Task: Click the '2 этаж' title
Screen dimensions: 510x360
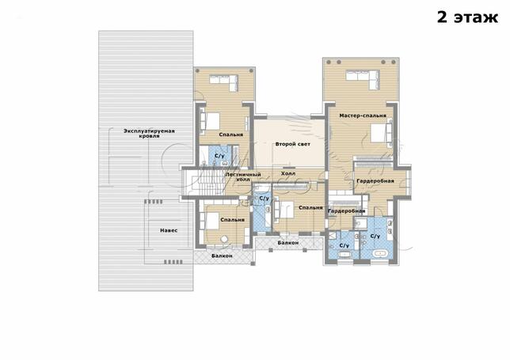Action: click(x=467, y=17)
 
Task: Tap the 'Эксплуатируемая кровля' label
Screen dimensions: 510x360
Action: click(x=149, y=133)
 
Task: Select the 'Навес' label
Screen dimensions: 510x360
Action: click(x=169, y=230)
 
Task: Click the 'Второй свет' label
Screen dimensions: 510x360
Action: click(x=293, y=144)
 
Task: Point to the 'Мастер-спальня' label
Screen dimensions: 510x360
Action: click(x=363, y=116)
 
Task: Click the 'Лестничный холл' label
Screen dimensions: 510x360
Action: click(x=243, y=176)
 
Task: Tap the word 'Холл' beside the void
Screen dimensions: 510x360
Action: click(x=288, y=173)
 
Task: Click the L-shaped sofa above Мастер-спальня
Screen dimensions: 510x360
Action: click(x=363, y=79)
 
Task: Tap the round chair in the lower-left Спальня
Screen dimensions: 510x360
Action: click(x=224, y=239)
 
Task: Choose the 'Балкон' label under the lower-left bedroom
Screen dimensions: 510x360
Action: click(x=222, y=256)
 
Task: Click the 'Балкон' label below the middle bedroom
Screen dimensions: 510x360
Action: click(x=288, y=243)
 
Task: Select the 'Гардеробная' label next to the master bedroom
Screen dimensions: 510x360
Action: click(x=375, y=180)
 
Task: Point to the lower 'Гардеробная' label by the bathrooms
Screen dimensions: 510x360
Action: click(x=346, y=211)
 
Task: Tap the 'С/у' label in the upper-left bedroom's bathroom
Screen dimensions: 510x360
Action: click(x=220, y=156)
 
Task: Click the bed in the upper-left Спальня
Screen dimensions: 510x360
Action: click(x=209, y=121)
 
